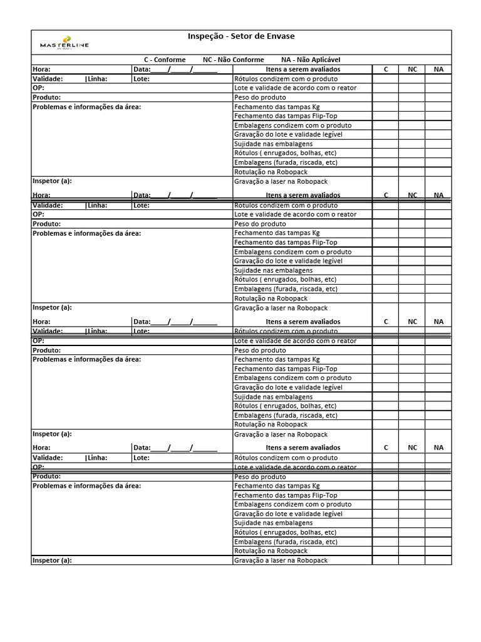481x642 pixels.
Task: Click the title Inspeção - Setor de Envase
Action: pos(241,37)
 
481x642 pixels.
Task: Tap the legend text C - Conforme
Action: pos(165,60)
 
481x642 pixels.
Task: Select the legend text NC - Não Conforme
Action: pos(233,60)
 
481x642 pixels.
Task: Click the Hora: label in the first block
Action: pos(41,69)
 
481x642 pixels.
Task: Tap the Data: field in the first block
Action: pos(175,69)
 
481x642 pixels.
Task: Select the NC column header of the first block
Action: pos(412,69)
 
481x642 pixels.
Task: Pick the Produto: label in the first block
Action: pos(47,98)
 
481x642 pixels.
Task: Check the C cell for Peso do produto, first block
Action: pos(386,98)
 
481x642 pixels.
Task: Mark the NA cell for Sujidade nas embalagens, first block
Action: pos(438,144)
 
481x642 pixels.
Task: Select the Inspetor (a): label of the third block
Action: pos(52,434)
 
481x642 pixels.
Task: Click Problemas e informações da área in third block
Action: pos(86,359)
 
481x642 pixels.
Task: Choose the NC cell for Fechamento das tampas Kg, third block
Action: pos(412,359)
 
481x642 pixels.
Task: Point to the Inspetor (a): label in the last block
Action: pos(52,560)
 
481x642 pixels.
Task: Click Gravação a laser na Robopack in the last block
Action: pos(281,560)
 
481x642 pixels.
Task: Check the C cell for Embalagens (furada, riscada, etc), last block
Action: pos(386,542)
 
